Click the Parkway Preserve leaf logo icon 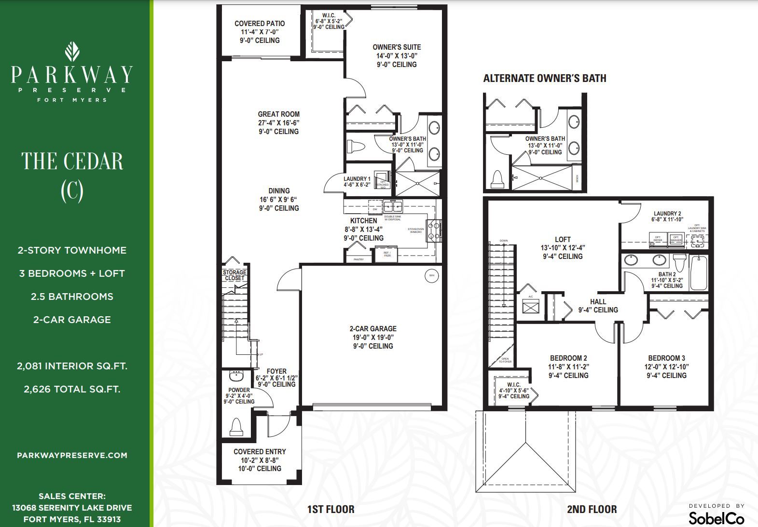[72, 51]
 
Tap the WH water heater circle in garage [431, 276]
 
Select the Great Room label [278, 114]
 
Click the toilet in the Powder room [236, 427]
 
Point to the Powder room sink [237, 375]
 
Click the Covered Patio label [260, 24]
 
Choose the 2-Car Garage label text [372, 329]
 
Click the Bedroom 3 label [666, 358]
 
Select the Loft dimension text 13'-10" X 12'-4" [563, 248]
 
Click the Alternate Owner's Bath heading [545, 79]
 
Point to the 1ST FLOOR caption [331, 509]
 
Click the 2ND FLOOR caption [592, 509]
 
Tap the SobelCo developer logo [716, 518]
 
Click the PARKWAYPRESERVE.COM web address [72, 455]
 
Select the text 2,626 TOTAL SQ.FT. [72, 389]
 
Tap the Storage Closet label [234, 275]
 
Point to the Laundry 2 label [667, 214]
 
